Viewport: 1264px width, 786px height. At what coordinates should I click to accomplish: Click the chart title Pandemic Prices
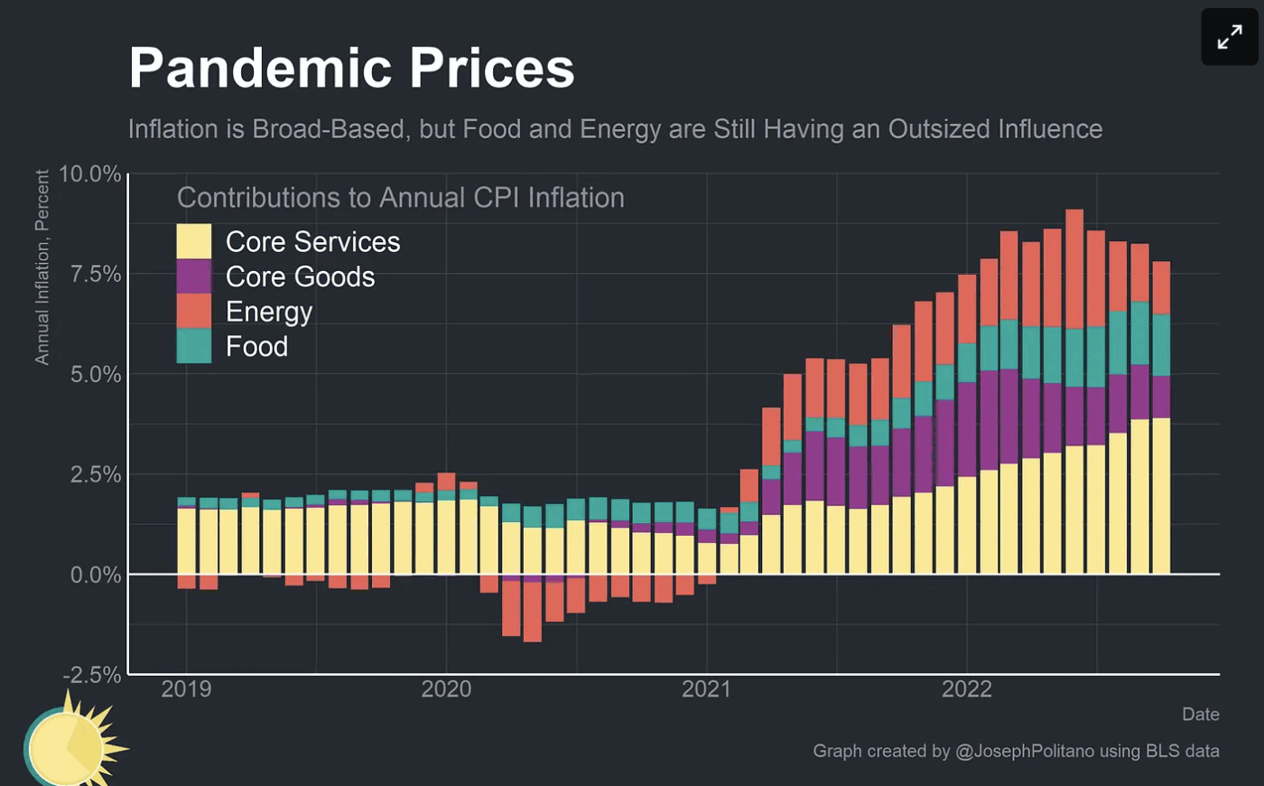pyautogui.click(x=351, y=68)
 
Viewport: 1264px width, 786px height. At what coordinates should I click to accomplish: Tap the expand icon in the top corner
pyautogui.click(x=1229, y=37)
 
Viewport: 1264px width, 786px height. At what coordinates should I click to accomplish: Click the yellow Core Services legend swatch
pyautogui.click(x=193, y=241)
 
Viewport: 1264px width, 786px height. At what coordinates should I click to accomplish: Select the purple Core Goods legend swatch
pyautogui.click(x=193, y=276)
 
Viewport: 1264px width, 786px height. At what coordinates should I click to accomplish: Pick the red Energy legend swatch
pyautogui.click(x=193, y=311)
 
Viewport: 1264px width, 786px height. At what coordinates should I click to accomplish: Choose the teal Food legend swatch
pyautogui.click(x=193, y=346)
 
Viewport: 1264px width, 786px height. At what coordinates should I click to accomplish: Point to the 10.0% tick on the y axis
pyautogui.click(x=90, y=173)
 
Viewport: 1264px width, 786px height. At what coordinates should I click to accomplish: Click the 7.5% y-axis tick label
pyautogui.click(x=95, y=274)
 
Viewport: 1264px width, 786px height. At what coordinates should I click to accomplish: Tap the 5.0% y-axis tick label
pyautogui.click(x=95, y=374)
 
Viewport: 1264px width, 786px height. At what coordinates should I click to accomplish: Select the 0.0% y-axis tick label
pyautogui.click(x=95, y=575)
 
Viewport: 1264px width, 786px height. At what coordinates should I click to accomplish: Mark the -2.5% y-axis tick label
pyautogui.click(x=91, y=675)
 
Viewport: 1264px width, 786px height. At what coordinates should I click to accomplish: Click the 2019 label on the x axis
pyautogui.click(x=186, y=689)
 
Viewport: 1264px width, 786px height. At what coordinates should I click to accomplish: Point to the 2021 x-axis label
pyautogui.click(x=706, y=689)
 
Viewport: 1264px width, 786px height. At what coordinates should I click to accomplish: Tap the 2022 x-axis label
pyautogui.click(x=966, y=689)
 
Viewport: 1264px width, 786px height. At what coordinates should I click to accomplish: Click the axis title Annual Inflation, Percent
pyautogui.click(x=42, y=267)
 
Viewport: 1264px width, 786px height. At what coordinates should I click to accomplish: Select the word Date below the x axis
pyautogui.click(x=1200, y=715)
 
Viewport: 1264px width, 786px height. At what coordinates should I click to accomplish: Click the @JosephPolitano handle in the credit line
pyautogui.click(x=1025, y=751)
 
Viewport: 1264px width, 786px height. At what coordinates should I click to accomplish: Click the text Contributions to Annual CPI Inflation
pyautogui.click(x=400, y=198)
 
